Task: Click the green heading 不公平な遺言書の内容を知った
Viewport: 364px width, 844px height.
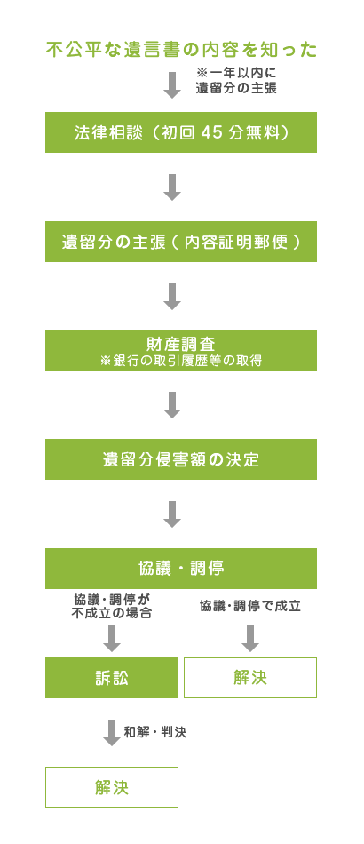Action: pos(181,50)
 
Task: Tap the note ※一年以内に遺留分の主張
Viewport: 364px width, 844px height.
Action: pos(236,80)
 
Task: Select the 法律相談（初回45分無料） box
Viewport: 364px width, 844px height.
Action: pos(181,132)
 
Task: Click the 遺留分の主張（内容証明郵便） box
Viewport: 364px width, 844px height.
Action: pos(181,242)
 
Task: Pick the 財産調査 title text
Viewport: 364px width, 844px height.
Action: pos(180,344)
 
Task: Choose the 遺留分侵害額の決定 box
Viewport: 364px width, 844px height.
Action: pos(181,459)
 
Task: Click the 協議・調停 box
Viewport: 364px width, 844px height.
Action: pos(181,569)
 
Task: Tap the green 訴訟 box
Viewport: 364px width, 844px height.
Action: pos(112,678)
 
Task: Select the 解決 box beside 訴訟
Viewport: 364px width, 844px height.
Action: pos(250,678)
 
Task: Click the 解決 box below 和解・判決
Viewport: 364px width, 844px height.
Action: pos(112,787)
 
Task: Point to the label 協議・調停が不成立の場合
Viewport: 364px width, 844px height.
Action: pos(111,606)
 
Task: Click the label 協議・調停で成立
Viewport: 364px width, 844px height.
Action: pos(250,606)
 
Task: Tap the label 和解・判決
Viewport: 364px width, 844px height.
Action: pos(154,733)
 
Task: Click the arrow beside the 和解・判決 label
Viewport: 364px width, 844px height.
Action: pos(111,733)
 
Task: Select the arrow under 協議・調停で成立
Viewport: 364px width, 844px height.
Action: pos(250,639)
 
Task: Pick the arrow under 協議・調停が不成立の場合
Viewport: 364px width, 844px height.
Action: pos(111,639)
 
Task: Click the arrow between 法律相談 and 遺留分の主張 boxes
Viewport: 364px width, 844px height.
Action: pos(172,187)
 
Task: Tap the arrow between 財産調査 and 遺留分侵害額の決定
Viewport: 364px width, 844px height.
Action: pos(172,405)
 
